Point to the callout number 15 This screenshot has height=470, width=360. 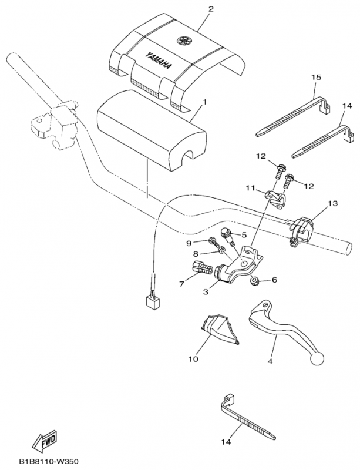pos(316,78)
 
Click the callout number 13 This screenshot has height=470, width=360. pos(333,204)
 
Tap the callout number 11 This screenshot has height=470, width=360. pos(250,189)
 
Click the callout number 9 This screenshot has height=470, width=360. pos(189,243)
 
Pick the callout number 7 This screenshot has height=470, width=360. pos(181,284)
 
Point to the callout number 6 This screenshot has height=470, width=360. pos(274,281)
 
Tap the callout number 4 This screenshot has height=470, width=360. pos(270,363)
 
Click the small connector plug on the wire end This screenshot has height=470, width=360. pos(153,302)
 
